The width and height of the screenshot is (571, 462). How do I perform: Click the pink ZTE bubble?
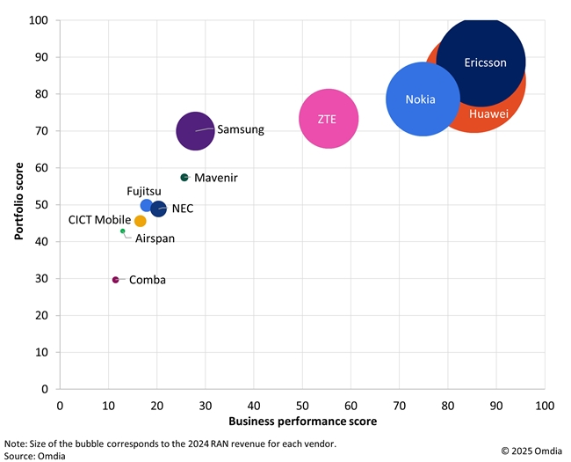(329, 119)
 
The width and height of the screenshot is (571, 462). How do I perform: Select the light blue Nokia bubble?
(423, 99)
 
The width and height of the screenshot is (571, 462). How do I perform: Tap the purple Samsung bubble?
(195, 131)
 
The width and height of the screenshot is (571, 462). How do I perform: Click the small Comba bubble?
(115, 280)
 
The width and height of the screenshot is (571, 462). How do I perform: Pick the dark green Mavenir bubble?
(184, 178)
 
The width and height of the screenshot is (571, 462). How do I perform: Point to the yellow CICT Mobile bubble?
(141, 221)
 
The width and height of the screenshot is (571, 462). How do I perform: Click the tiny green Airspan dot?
(123, 231)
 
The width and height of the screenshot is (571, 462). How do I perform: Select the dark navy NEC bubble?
(158, 209)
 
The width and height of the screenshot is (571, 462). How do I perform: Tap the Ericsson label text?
(485, 62)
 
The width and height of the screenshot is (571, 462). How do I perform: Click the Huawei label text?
(488, 114)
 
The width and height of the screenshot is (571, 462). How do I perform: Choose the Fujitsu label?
(144, 190)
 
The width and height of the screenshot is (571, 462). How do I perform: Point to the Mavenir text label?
(217, 178)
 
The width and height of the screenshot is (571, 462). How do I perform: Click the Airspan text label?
(154, 238)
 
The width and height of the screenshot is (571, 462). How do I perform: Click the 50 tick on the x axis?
(302, 406)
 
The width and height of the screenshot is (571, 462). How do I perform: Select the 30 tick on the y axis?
(41, 279)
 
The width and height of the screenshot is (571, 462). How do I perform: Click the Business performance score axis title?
(302, 422)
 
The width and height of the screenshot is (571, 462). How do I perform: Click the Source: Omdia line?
(35, 456)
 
